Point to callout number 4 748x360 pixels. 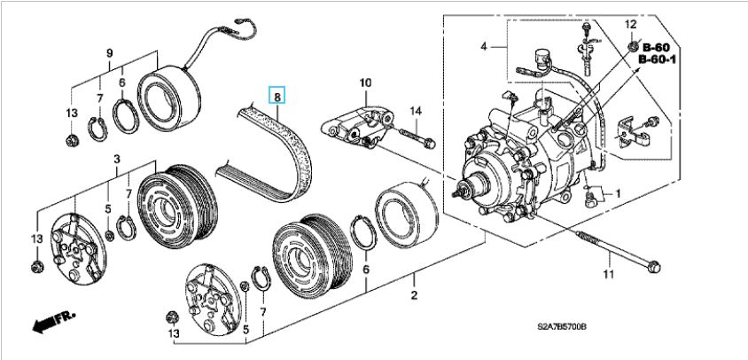click(484, 45)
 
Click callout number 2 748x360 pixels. click(413, 294)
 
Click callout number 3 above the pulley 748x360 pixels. click(117, 158)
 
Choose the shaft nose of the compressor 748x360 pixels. click(462, 187)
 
